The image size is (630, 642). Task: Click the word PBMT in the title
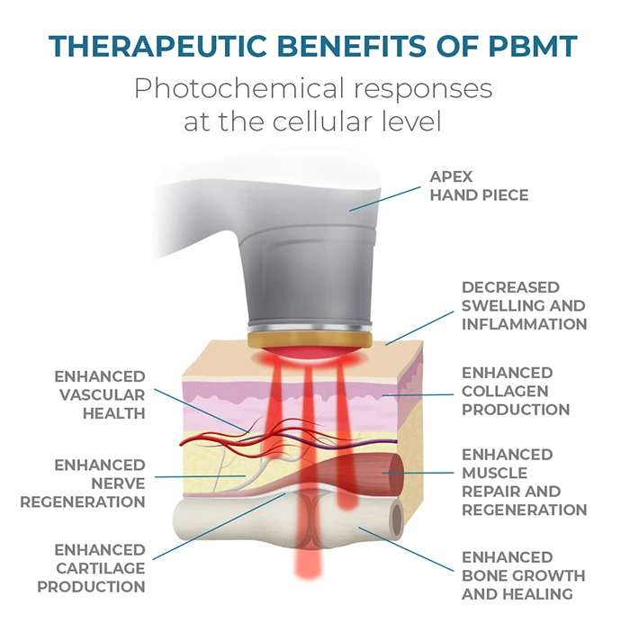tap(533, 46)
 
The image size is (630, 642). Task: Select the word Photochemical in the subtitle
tap(239, 89)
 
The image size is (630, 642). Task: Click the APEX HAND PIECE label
tap(479, 185)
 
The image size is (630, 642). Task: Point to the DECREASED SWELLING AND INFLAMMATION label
tap(525, 306)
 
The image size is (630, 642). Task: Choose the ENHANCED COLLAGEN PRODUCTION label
tap(516, 392)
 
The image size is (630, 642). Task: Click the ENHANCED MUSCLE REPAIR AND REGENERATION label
tap(525, 483)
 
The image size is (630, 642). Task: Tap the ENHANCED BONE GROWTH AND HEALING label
tap(524, 575)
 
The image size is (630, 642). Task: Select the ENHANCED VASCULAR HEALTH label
tap(100, 395)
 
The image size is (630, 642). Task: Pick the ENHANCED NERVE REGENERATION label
tap(83, 484)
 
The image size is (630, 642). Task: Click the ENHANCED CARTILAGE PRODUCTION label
tap(91, 568)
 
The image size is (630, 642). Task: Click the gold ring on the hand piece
tap(310, 339)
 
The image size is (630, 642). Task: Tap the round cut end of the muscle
tap(394, 473)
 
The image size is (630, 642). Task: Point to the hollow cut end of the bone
tap(396, 520)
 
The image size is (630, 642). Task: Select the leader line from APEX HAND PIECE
tap(385, 199)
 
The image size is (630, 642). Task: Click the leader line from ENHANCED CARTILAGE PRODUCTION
tap(219, 527)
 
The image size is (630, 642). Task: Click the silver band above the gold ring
tap(310, 327)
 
